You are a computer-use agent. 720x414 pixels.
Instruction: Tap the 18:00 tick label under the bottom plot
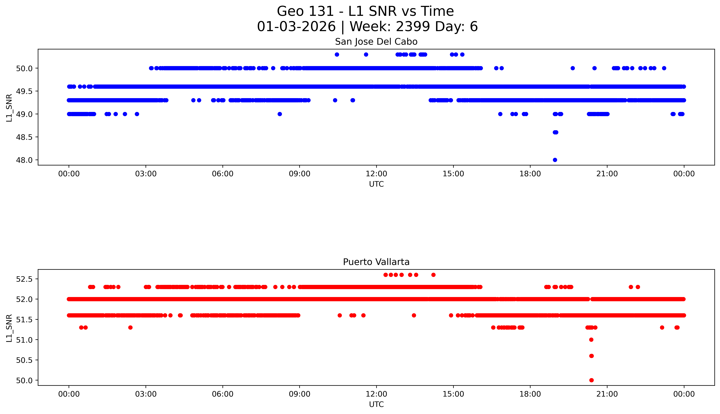pos(530,394)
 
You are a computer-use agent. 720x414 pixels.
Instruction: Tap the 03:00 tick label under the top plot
pos(146,174)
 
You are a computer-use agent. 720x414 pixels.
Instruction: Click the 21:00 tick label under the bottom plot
pos(607,394)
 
